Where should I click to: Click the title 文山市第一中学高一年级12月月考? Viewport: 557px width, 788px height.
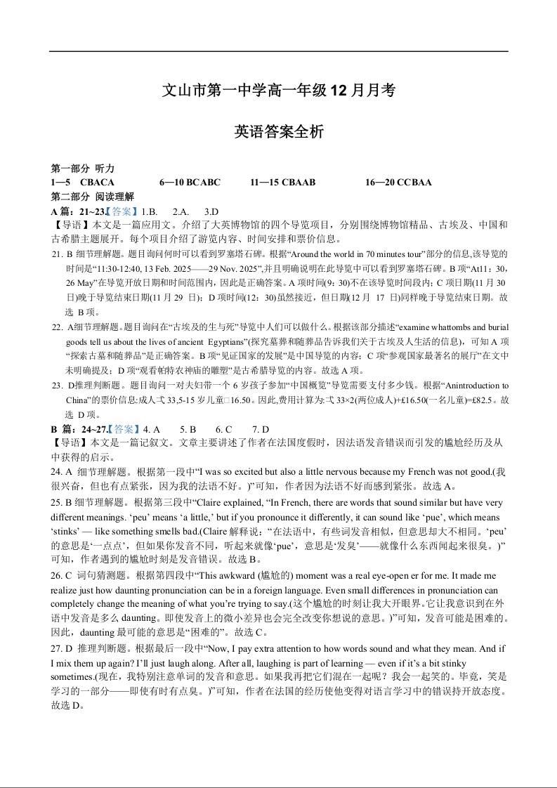click(x=279, y=91)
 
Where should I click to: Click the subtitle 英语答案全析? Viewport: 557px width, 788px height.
click(x=279, y=131)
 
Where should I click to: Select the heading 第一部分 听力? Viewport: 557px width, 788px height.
click(x=83, y=169)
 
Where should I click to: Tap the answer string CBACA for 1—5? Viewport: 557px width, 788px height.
click(x=97, y=183)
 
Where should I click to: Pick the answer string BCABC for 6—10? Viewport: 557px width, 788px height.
click(x=203, y=183)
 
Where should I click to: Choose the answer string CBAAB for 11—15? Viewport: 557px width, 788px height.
click(x=298, y=183)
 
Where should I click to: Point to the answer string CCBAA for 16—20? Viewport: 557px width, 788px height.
click(x=414, y=183)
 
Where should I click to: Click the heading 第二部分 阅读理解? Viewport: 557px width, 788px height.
click(x=93, y=197)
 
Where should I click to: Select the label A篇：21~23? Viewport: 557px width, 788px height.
click(x=79, y=211)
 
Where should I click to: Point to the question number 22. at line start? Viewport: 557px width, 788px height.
click(x=58, y=327)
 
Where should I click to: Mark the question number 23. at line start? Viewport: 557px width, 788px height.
click(x=58, y=386)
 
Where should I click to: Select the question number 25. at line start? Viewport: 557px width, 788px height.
click(x=58, y=502)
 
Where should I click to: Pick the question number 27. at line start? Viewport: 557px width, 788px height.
click(x=58, y=649)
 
